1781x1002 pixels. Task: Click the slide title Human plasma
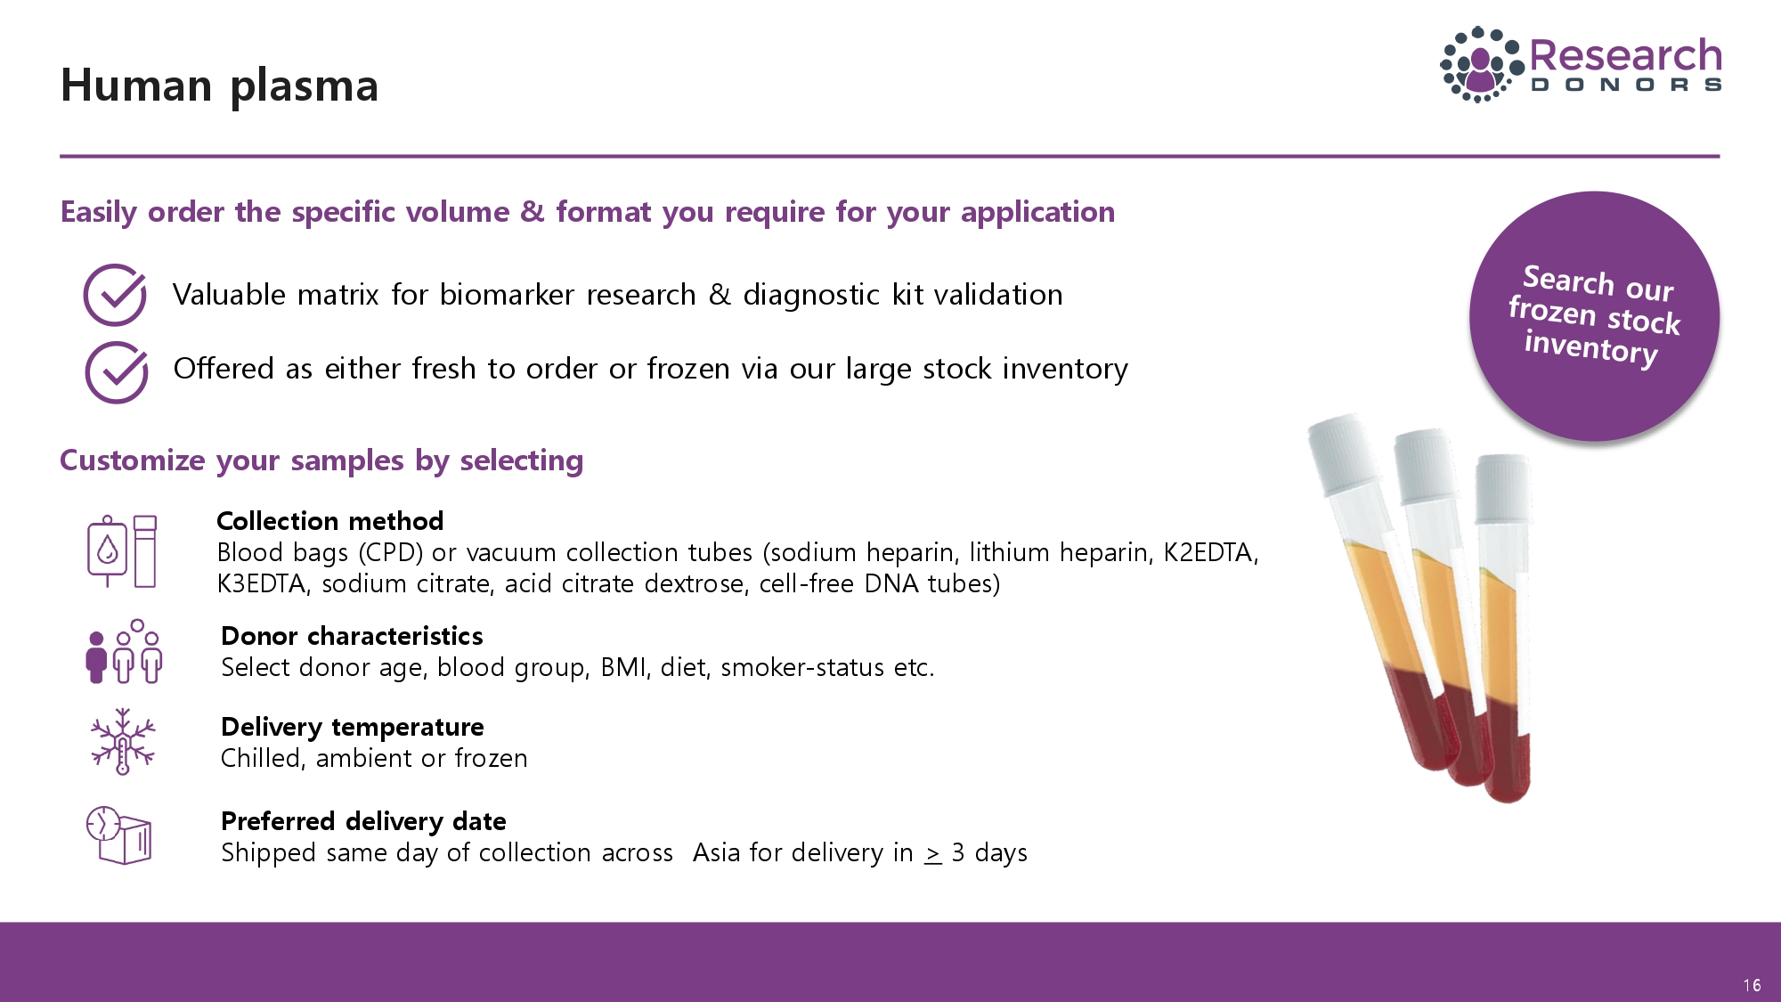(220, 86)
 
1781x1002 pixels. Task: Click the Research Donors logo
(1582, 64)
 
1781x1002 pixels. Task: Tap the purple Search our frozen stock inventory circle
(1594, 316)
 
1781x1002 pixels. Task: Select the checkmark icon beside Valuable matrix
(115, 295)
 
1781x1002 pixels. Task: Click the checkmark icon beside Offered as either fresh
(116, 372)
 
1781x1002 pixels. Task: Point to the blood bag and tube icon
(122, 551)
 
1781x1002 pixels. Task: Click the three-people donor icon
(124, 651)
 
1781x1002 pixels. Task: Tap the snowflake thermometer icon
(123, 741)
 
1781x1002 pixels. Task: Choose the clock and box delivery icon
(118, 835)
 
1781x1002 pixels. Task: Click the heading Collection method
(329, 521)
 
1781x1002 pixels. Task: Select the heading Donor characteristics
(352, 636)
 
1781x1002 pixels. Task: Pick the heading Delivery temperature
(353, 727)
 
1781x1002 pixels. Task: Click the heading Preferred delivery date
(363, 821)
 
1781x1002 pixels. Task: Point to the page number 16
(1752, 985)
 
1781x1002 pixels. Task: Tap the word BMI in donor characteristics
(622, 667)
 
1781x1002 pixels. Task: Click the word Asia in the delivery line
(717, 852)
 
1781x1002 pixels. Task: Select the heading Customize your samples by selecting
(321, 460)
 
